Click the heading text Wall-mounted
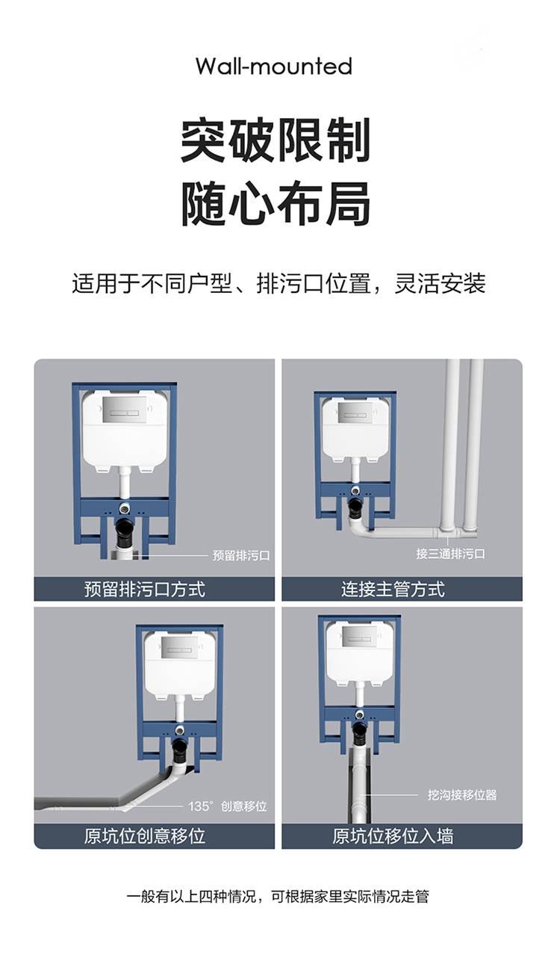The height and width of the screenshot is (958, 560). [273, 67]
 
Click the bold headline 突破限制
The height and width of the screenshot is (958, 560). [276, 140]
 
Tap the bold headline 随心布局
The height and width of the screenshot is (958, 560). [276, 203]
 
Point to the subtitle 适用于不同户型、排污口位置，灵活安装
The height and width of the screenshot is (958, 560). [279, 283]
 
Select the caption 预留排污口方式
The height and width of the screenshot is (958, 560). [145, 589]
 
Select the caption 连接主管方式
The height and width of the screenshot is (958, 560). [393, 589]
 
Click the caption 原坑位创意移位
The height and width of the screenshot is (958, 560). [145, 836]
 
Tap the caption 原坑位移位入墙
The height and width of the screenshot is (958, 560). [393, 836]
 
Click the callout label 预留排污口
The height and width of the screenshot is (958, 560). [241, 555]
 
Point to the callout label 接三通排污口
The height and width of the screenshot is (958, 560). [450, 554]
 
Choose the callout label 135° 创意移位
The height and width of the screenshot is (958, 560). [228, 806]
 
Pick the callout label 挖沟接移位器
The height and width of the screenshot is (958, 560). [462, 795]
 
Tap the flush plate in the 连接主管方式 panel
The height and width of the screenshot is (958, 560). [355, 412]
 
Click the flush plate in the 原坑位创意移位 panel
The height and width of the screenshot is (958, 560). [179, 649]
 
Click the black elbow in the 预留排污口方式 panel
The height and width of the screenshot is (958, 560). [125, 531]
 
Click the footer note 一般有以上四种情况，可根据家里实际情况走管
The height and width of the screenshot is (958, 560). [278, 897]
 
